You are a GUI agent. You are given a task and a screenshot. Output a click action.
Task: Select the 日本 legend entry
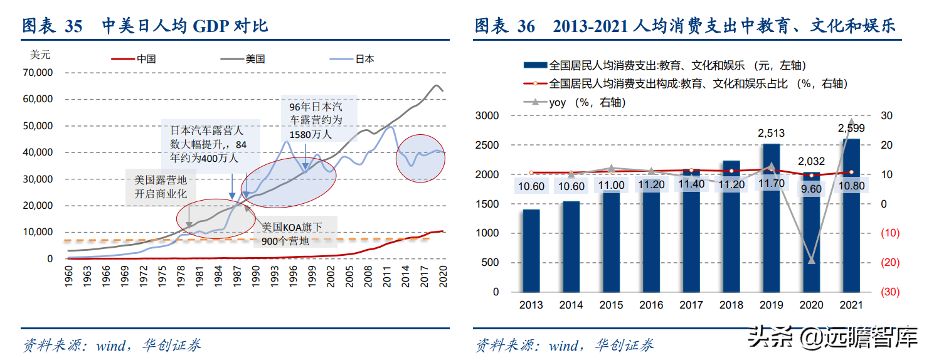364,59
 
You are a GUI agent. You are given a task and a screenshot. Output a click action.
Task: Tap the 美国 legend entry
255,59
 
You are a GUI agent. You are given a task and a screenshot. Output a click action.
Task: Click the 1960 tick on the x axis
69,277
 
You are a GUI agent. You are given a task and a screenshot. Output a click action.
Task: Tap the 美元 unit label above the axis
40,55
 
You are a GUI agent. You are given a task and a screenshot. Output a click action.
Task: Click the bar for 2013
531,250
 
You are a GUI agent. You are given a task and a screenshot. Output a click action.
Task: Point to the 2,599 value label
851,128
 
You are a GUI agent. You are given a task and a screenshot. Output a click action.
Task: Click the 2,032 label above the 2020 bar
810,161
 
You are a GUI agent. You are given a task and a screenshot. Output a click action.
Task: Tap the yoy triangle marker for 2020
811,260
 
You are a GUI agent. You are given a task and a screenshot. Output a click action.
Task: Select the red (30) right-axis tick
889,292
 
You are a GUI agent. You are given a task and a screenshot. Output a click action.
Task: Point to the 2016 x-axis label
651,305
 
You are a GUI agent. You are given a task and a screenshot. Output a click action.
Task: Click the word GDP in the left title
213,26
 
